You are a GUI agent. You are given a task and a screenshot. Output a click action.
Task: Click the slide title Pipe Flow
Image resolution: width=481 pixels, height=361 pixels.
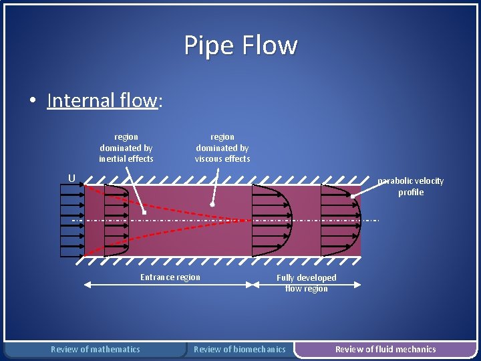point(240,45)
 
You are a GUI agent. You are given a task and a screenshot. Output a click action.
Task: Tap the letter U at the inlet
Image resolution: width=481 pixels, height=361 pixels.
point(70,178)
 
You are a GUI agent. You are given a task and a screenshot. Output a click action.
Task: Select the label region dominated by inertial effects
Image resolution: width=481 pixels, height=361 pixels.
point(126,148)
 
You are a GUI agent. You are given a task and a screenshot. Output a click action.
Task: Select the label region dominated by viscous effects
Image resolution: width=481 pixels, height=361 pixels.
point(222,148)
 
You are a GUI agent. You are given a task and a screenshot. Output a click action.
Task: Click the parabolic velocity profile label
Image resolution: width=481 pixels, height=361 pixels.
point(410,187)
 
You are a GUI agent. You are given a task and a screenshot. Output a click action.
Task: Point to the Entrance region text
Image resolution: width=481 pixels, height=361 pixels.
point(170,277)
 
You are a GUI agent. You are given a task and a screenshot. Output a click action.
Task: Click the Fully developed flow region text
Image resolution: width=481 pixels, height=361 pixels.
point(307,283)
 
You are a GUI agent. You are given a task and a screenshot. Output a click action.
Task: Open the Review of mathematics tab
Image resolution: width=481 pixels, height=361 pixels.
point(96,349)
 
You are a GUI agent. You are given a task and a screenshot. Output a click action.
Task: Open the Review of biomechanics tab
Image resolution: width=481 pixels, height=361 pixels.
point(239,349)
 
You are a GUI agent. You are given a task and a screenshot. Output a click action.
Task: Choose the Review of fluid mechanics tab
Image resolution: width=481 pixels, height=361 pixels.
point(385,349)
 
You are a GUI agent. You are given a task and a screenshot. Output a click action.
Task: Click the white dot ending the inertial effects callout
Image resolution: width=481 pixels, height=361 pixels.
point(144,213)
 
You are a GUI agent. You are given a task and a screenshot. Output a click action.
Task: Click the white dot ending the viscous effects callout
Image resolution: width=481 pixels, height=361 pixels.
point(212,205)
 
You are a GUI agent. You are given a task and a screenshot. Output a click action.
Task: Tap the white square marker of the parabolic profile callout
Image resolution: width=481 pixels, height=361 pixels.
point(353,197)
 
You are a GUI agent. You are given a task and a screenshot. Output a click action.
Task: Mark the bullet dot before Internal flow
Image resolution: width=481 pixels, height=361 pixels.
point(32,102)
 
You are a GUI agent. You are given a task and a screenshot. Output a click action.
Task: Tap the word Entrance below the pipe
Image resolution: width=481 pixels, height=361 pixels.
point(155,277)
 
